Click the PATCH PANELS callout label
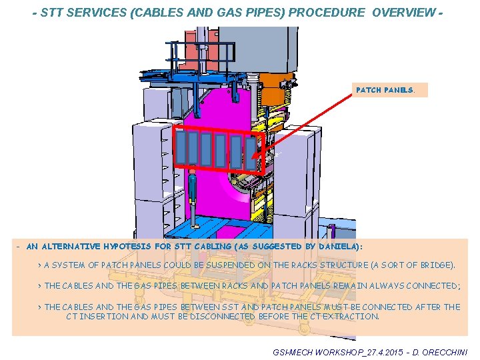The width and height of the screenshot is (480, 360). [385, 90]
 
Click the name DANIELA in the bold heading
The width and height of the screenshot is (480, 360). [338, 246]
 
